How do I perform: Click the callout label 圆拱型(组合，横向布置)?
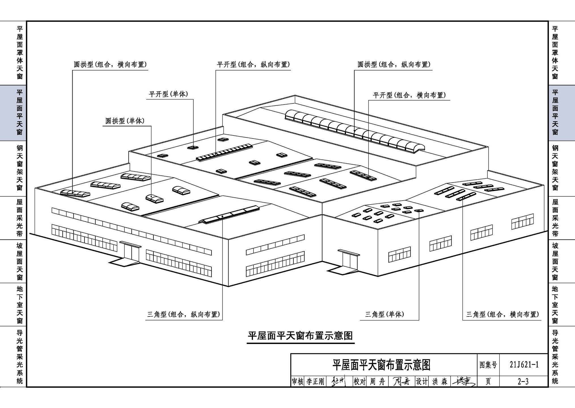pos(110,65)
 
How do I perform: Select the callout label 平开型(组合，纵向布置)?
pos(253,65)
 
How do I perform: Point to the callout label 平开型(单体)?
pos(168,94)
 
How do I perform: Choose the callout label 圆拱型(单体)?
pos(125,121)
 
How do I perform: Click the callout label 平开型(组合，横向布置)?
pos(409,95)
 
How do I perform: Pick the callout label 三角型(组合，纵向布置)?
pos(183,314)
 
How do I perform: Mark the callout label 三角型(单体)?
pos(384,314)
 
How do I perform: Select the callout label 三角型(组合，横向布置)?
pos(502,314)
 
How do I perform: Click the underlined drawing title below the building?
pos(300,336)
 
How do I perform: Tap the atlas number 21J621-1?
pos(524,365)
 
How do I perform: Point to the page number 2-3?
pos(523,382)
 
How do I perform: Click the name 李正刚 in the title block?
pos(315,382)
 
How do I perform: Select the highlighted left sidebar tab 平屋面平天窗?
pos(19,112)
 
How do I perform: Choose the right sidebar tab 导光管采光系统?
pos(555,356)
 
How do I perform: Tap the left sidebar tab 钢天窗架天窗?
pos(19,168)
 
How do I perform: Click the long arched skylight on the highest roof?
pos(355,130)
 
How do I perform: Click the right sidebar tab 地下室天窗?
pos(555,305)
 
